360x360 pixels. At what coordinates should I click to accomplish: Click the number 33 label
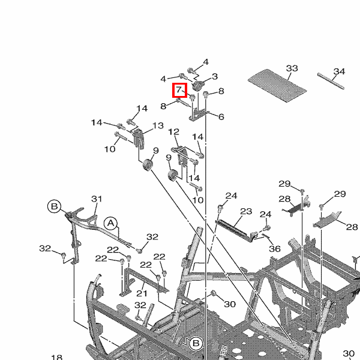[292, 68]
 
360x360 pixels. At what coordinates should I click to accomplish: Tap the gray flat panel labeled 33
[278, 85]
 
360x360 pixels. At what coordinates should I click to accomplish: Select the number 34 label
[339, 72]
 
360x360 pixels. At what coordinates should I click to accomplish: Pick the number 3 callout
[215, 76]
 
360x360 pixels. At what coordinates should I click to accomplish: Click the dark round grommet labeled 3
[198, 86]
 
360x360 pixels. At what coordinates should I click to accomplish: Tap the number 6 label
[221, 117]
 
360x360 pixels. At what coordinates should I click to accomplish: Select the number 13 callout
[158, 126]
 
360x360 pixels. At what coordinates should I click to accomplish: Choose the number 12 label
[173, 132]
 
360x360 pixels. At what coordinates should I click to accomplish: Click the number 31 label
[97, 199]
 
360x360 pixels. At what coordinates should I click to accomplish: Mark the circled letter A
[110, 223]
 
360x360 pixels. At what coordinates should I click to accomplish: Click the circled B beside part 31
[54, 206]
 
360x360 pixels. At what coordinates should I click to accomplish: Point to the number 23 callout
[246, 211]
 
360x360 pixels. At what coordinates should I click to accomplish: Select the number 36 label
[274, 249]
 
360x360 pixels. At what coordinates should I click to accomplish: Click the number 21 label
[142, 293]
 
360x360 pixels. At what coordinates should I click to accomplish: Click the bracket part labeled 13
[139, 139]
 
